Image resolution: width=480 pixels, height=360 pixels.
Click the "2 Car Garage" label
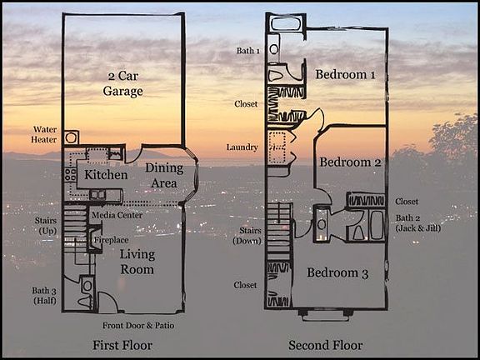tap(123, 83)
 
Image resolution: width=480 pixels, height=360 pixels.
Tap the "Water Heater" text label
tap(44, 135)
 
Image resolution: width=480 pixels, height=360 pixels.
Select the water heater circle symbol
tap(72, 137)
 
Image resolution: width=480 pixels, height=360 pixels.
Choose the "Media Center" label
tap(117, 215)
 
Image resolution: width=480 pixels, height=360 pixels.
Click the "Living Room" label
tap(137, 262)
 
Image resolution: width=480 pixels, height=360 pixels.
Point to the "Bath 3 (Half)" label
tap(45, 295)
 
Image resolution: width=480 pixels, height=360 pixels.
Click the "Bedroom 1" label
tap(345, 75)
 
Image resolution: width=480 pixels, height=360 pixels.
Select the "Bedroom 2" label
tap(350, 162)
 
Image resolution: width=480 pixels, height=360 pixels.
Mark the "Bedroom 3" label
tap(337, 272)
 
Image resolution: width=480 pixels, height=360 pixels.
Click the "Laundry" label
tap(242, 147)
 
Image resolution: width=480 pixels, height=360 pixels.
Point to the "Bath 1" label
tap(248, 51)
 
